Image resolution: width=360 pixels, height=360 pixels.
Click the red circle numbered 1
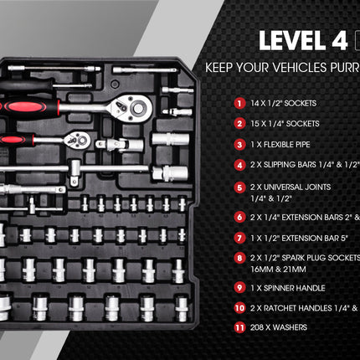coord(239,104)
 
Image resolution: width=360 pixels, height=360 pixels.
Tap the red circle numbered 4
coord(239,164)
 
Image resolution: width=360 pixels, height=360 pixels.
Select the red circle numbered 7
coord(239,237)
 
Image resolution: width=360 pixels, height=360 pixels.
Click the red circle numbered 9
coord(239,287)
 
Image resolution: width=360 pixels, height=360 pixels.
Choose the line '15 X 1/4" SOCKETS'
coord(285,124)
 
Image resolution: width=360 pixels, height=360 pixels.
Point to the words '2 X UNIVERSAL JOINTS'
coord(292,185)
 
